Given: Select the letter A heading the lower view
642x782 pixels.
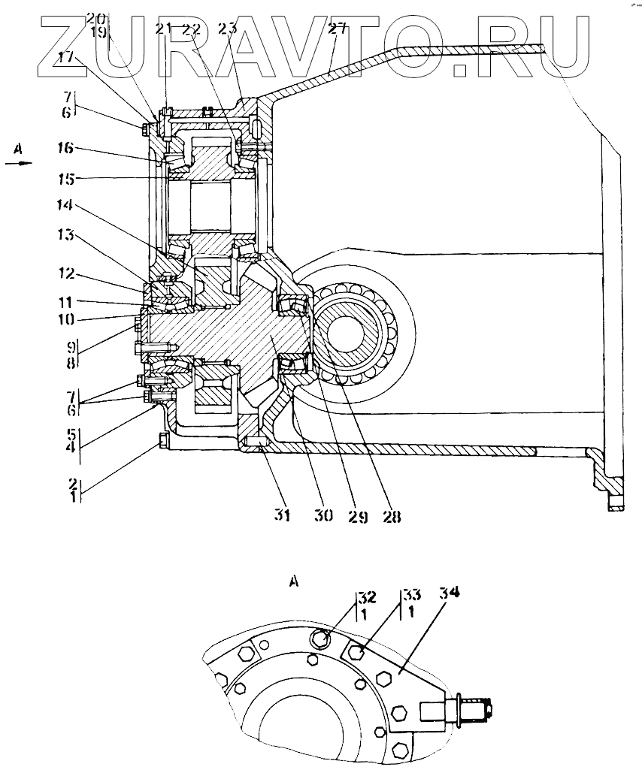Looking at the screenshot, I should coord(294,580).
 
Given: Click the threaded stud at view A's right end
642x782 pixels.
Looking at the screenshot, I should coord(473,707).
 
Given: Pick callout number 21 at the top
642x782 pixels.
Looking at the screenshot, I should coord(164,29).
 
